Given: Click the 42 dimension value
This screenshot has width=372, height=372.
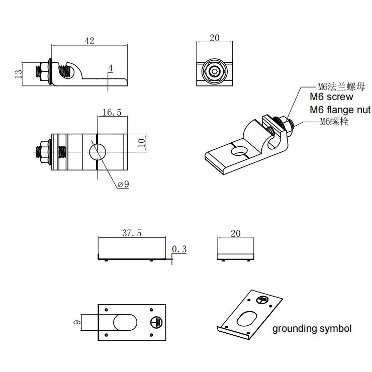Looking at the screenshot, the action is point(89,41).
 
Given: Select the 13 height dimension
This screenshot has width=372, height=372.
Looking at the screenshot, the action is point(18,74).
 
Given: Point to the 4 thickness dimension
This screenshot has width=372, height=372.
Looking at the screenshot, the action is point(110,68).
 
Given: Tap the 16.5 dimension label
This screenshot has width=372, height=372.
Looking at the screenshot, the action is point(112,112).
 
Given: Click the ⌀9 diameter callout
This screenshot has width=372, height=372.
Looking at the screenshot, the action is point(123,184).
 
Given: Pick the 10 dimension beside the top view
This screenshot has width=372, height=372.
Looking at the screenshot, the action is point(141,143).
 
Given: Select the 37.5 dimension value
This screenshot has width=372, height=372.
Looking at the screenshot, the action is point(132,233).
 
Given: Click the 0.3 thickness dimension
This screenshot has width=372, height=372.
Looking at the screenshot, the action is point(179,249).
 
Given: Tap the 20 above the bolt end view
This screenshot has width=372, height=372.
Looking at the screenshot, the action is point(215,38).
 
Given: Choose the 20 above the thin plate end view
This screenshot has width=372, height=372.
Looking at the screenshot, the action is point(236,233).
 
